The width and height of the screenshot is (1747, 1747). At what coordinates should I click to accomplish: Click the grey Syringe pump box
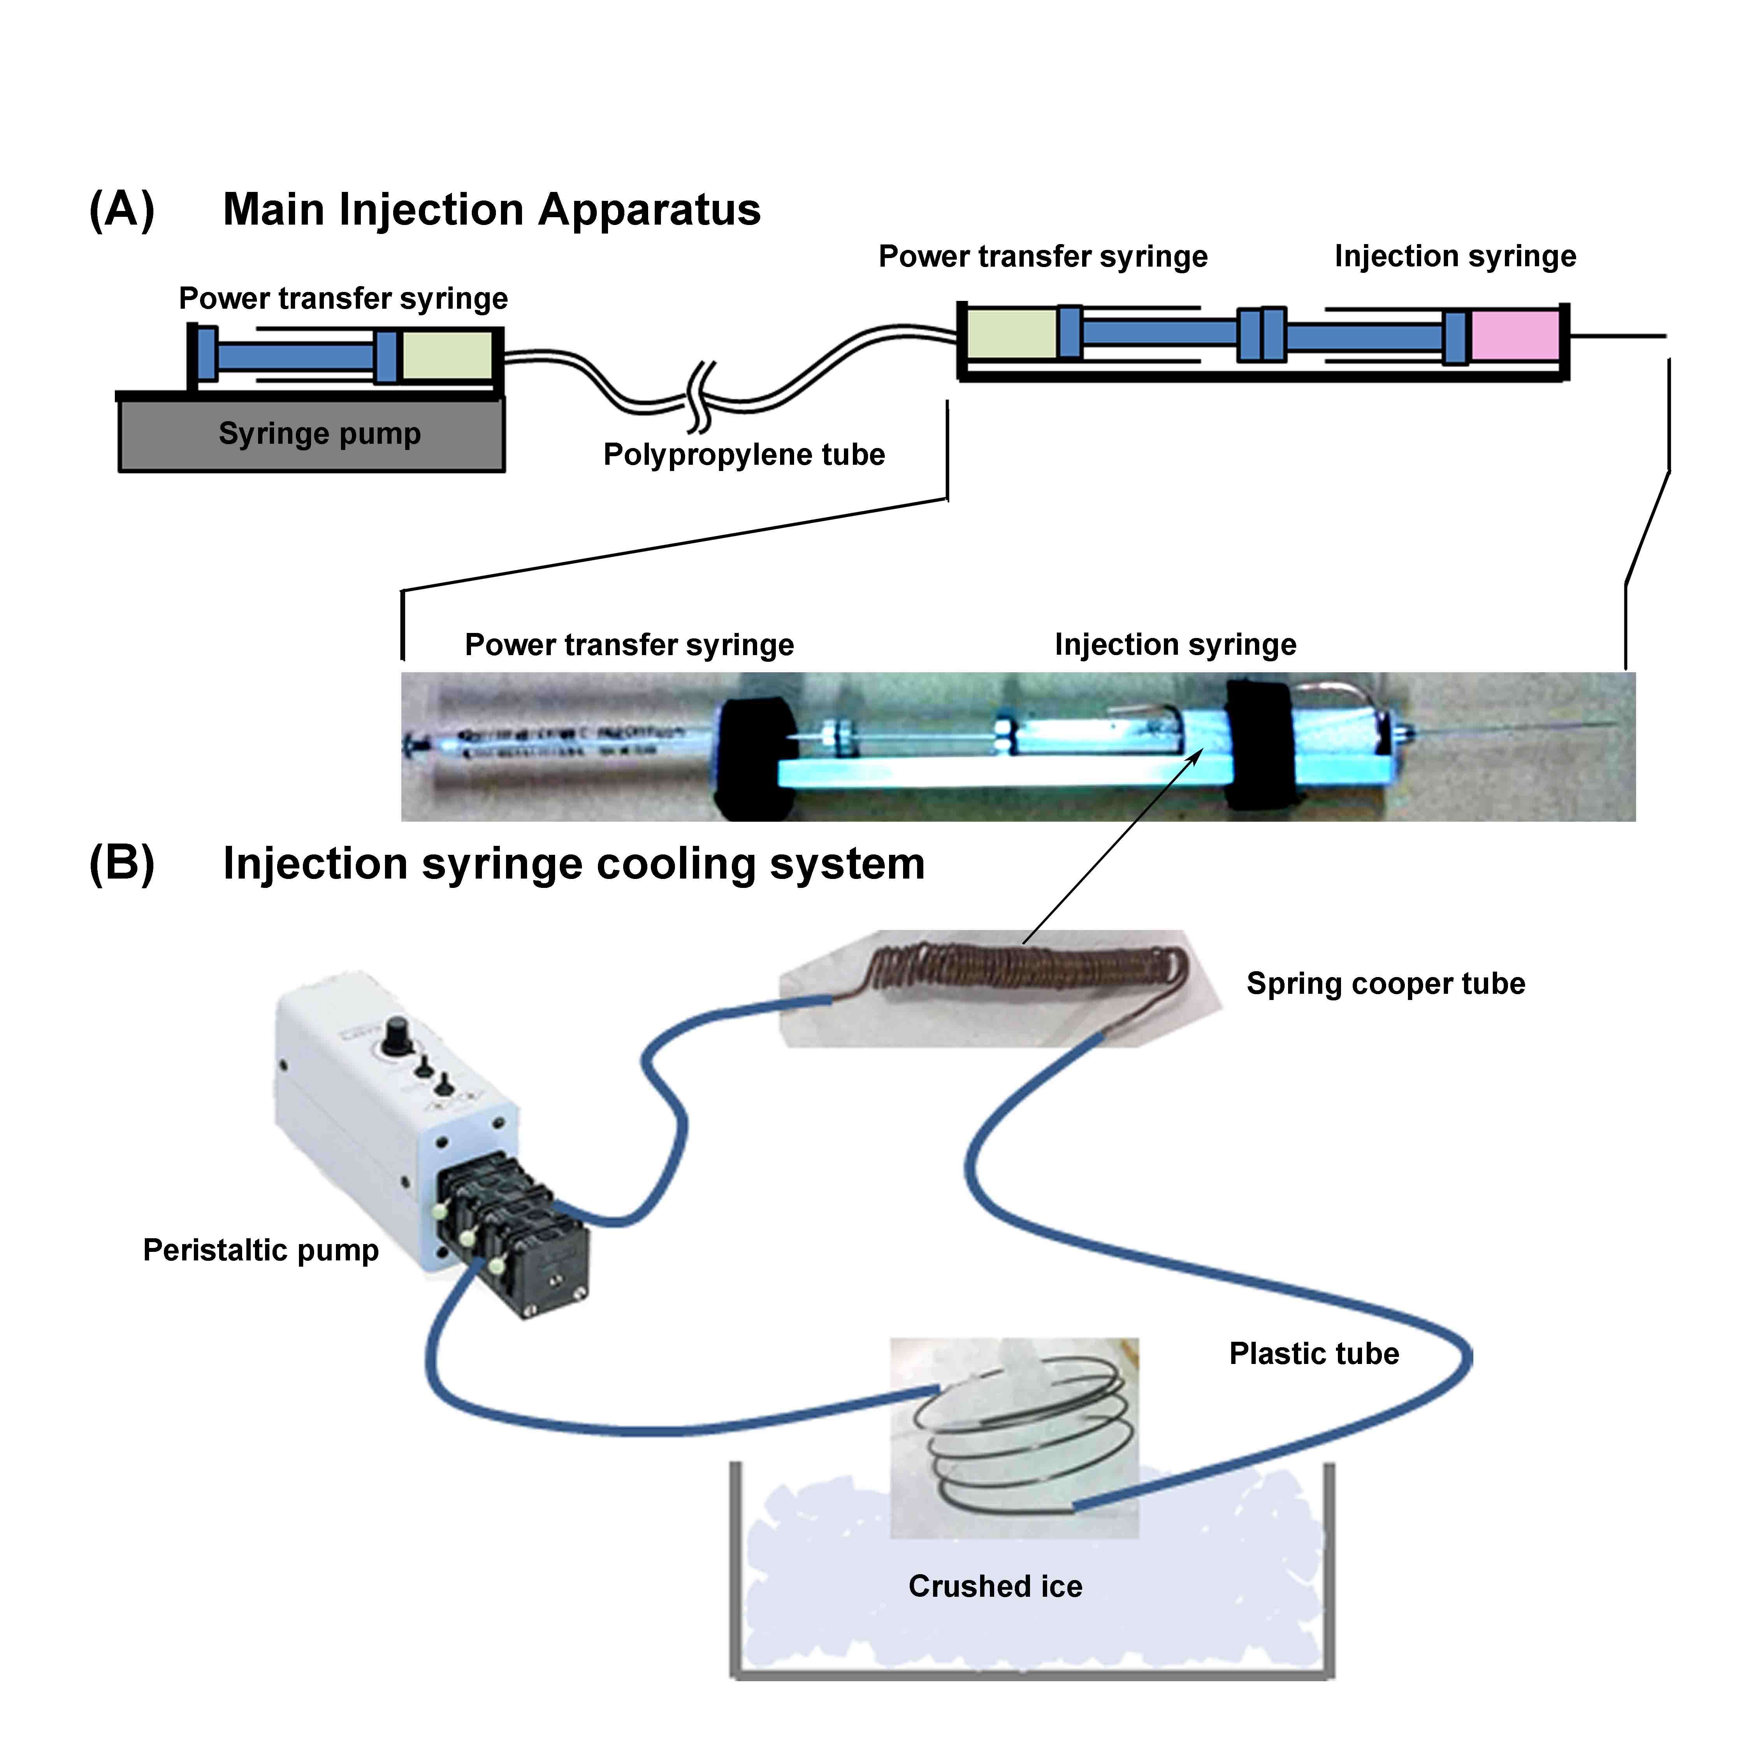click(x=312, y=436)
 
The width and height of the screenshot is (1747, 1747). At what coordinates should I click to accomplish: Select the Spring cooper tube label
click(x=1385, y=984)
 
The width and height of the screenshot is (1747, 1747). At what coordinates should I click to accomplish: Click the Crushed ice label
click(x=995, y=1586)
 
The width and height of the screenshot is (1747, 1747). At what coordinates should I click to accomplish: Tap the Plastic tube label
click(x=1314, y=1354)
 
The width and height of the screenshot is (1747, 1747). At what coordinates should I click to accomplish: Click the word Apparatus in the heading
click(x=649, y=210)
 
